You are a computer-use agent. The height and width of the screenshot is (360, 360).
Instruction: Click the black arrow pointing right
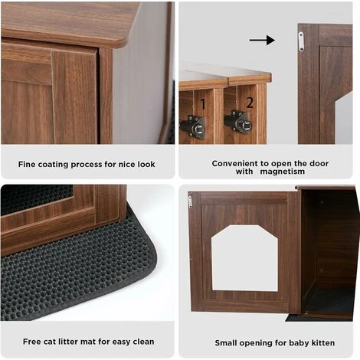[262, 40]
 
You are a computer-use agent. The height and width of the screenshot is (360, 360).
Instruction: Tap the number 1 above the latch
[203, 104]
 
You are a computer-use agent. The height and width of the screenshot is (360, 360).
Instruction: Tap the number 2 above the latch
[250, 103]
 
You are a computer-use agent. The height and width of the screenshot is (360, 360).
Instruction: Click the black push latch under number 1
[193, 127]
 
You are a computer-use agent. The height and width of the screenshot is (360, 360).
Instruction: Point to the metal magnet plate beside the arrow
[301, 41]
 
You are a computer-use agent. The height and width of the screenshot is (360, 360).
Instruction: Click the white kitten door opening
[244, 258]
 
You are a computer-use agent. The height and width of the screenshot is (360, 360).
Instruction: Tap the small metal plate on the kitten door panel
[190, 201]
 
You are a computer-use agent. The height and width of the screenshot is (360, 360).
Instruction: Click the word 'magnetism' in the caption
[283, 172]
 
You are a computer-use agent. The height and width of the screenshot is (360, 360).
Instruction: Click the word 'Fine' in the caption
[27, 164]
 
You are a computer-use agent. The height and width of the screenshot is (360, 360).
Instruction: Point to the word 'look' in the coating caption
[146, 164]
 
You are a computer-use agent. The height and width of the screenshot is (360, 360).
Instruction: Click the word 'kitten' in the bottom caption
[323, 342]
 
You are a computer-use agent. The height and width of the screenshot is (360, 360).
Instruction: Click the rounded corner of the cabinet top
[122, 44]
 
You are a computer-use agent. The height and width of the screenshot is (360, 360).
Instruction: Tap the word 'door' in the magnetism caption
[319, 163]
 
